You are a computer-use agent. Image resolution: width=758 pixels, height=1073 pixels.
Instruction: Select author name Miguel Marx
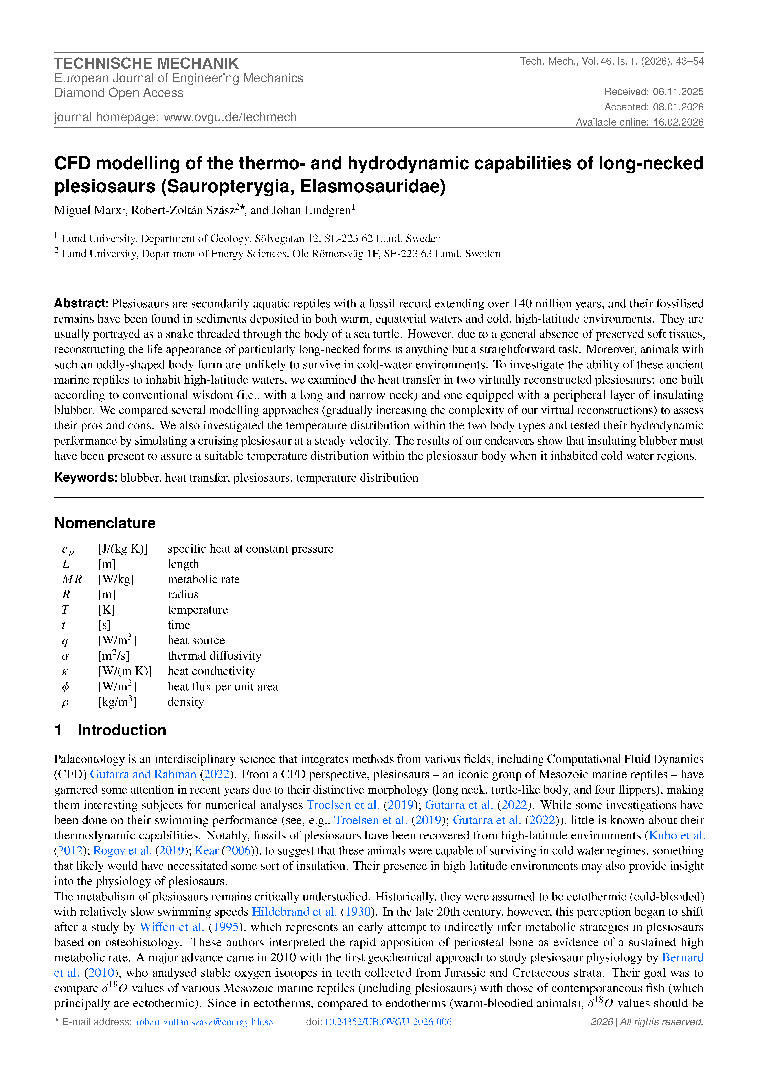coord(87,210)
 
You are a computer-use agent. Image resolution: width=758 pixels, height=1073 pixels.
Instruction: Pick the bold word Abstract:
coord(81,303)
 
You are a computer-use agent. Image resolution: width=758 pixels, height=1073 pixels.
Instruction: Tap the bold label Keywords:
coord(86,478)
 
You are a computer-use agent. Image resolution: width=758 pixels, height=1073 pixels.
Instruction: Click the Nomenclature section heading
coord(105,523)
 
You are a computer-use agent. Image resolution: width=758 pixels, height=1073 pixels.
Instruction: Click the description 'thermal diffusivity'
coord(214,656)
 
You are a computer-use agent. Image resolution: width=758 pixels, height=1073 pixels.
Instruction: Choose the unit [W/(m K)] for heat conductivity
coord(125,671)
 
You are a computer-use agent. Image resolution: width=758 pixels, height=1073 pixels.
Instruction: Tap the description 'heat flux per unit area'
coord(223,687)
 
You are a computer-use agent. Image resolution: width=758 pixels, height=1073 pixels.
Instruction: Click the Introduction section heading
coord(122,730)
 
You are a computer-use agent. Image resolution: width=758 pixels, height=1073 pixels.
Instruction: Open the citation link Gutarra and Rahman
coord(143,774)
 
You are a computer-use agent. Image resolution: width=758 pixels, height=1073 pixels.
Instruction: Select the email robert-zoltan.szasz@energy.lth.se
coord(204,1022)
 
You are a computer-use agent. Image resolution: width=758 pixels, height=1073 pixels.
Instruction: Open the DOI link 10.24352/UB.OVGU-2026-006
coord(388,1022)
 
